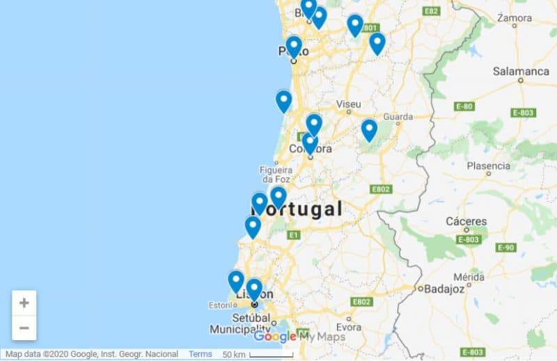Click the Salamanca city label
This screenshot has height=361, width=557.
coord(521,71)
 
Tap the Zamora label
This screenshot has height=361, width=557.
coord(516,17)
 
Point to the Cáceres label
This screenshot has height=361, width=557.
coord(466,221)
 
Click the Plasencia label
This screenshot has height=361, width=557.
coord(488,166)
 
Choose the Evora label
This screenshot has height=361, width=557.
coord(349,327)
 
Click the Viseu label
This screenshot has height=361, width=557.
coord(348,104)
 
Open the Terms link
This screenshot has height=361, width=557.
coord(200,354)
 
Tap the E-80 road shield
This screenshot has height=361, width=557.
coord(464,106)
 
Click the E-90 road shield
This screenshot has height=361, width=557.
coord(505,248)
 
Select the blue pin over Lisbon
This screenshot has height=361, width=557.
coord(254,289)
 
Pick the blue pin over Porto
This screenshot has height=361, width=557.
coord(294,46)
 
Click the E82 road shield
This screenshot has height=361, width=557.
coord(432,11)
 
